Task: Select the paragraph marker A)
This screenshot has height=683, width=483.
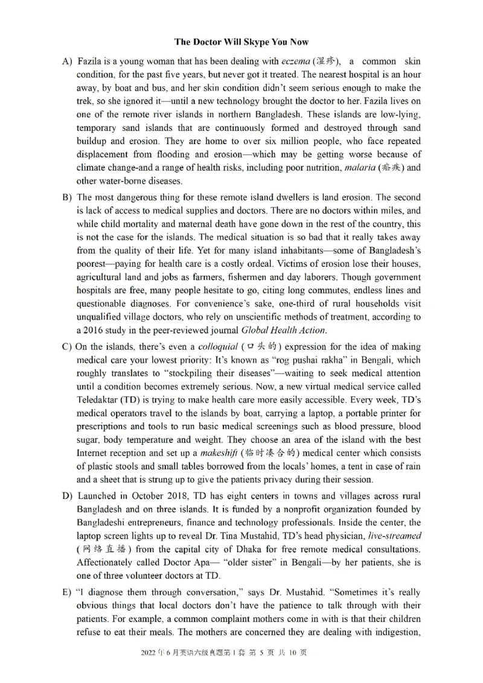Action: click(x=66, y=62)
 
